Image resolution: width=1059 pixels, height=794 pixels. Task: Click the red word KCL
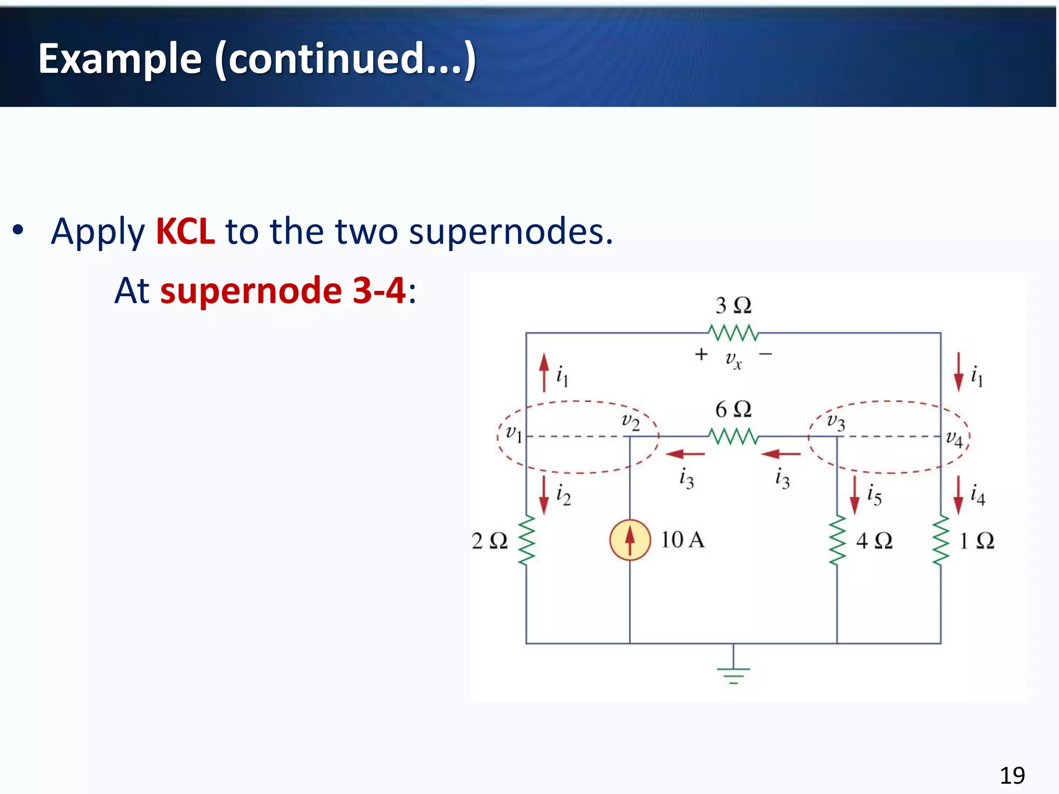[x=185, y=231]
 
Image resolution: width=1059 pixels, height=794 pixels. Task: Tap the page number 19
[x=1012, y=775]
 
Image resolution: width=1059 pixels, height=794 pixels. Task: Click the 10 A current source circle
[x=629, y=540]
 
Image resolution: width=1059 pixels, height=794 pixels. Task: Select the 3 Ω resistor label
[x=733, y=306]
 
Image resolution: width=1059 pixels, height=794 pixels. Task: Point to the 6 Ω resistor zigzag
[x=733, y=437]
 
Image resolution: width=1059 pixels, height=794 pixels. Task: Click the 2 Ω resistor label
[x=489, y=541]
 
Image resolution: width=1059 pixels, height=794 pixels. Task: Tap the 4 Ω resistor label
[x=874, y=541]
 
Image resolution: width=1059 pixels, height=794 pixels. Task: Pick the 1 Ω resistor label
[x=976, y=541]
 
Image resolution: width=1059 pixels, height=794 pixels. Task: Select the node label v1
[x=513, y=433]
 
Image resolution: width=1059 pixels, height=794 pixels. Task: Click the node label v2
[x=630, y=421]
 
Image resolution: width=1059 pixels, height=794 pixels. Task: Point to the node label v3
[x=836, y=421]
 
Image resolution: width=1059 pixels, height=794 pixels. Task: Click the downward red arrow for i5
[x=854, y=495]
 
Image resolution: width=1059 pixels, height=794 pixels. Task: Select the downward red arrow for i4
[x=958, y=495]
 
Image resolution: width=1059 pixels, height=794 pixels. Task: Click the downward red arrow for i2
[x=543, y=495]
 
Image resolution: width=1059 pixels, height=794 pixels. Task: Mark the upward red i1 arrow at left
[x=543, y=372]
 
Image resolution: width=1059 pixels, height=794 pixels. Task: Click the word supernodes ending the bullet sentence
[x=510, y=231]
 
